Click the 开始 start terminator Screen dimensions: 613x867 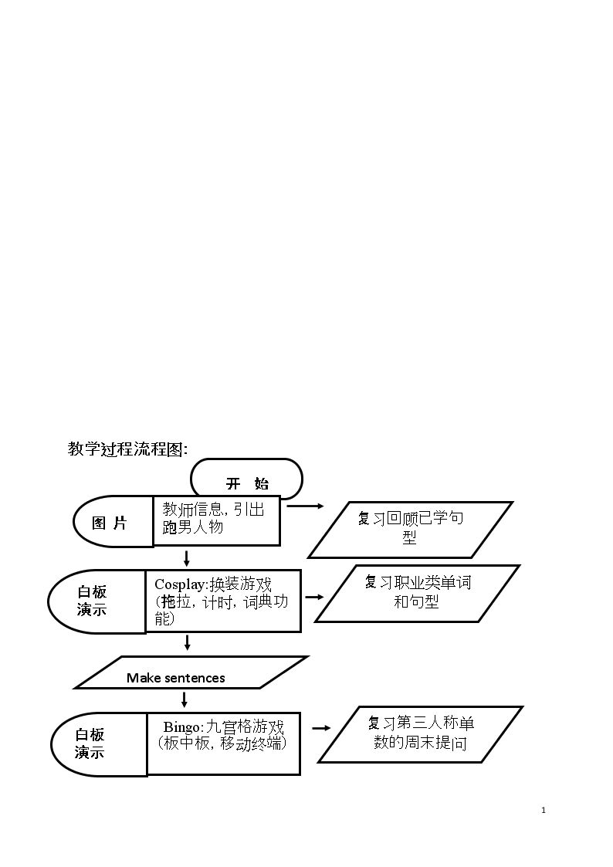246,479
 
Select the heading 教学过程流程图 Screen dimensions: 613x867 127,449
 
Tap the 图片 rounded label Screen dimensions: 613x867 113,521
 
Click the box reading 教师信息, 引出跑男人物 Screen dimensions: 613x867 217,520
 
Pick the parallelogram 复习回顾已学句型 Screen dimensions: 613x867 410,529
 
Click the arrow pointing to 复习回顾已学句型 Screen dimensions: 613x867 306,506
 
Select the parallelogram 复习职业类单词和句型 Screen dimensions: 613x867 418,593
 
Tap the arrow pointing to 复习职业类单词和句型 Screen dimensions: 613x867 314,597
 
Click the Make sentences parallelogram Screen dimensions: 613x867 191,672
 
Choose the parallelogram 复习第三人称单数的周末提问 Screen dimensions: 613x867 420,734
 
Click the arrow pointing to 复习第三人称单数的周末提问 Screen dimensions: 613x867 322,728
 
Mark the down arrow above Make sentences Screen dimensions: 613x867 188,642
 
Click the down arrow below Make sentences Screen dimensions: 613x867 185,699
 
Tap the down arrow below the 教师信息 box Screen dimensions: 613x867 187,558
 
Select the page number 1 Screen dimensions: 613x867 544,810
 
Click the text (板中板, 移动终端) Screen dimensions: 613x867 222,743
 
